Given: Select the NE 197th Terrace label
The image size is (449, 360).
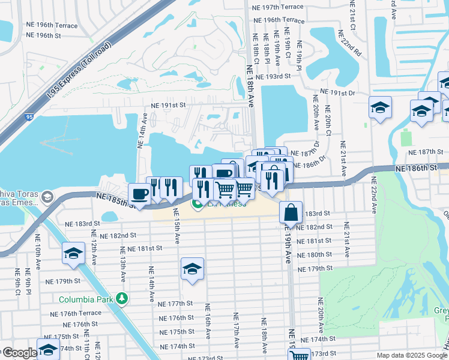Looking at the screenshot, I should click(x=279, y=7).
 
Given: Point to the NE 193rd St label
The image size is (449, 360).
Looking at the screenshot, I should click(x=273, y=77).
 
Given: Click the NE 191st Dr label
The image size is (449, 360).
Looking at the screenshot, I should click(x=338, y=92).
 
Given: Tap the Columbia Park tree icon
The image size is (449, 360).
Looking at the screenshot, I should click(x=122, y=298).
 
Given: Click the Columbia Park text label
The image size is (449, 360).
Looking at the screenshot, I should click(x=86, y=299).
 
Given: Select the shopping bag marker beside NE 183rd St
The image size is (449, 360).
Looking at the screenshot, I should click(x=291, y=213).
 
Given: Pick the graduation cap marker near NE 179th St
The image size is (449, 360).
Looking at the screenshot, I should click(x=192, y=269).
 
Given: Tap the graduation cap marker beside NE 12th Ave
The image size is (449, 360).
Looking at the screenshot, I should click(x=73, y=253).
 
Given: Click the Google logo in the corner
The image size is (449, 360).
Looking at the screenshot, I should click(x=19, y=353).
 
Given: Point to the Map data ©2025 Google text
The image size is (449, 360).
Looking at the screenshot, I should click(x=411, y=355).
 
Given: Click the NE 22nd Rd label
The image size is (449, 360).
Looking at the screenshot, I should click(x=352, y=43).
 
